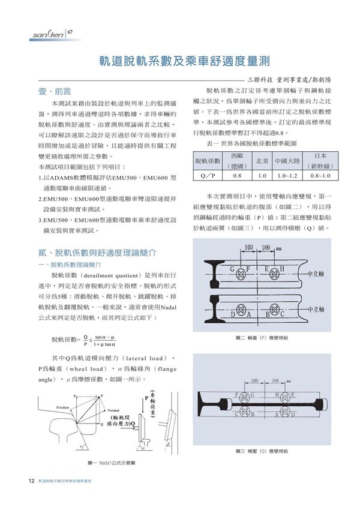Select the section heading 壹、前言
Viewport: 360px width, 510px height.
point(55,91)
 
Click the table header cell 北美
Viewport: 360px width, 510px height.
point(262,161)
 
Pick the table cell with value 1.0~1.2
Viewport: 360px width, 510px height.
point(287,176)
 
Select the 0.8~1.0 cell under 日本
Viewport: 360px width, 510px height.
point(320,176)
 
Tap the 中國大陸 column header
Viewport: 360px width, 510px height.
point(287,161)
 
